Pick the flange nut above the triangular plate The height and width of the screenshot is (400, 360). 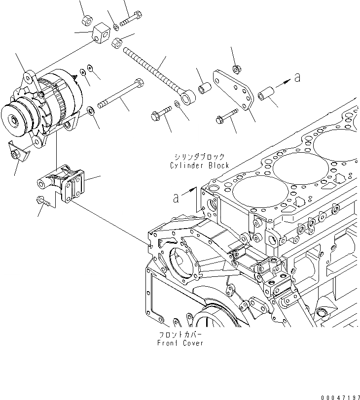point(236,68)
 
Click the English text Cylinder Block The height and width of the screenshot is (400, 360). point(199,166)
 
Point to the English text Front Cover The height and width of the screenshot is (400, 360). point(180,343)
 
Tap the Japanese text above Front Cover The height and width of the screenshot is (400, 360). point(180,333)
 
